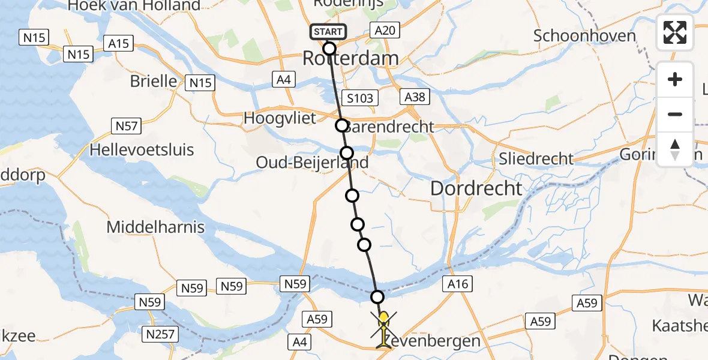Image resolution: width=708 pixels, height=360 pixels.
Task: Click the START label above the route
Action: [x=328, y=32]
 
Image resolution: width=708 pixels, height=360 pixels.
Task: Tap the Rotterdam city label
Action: [x=350, y=58]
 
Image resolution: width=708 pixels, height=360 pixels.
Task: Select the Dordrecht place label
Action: [x=476, y=188]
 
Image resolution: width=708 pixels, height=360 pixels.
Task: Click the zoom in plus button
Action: [x=675, y=80]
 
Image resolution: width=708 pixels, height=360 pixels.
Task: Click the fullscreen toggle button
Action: [x=675, y=32]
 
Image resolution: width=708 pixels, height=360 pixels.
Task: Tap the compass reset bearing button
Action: [x=675, y=149]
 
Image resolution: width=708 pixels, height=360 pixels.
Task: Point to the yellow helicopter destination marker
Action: [x=383, y=325]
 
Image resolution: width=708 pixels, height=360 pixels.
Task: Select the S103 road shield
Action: [x=359, y=98]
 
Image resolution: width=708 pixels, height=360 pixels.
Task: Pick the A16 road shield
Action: [x=457, y=284]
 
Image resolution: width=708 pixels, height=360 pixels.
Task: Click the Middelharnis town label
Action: [x=155, y=227]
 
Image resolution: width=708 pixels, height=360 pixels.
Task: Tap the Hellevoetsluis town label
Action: [x=142, y=149]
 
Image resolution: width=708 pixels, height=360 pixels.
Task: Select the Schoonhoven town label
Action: [x=584, y=35]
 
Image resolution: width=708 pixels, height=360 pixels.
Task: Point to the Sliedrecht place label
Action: [x=536, y=158]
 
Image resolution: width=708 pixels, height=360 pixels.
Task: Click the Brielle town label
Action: [x=154, y=81]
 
